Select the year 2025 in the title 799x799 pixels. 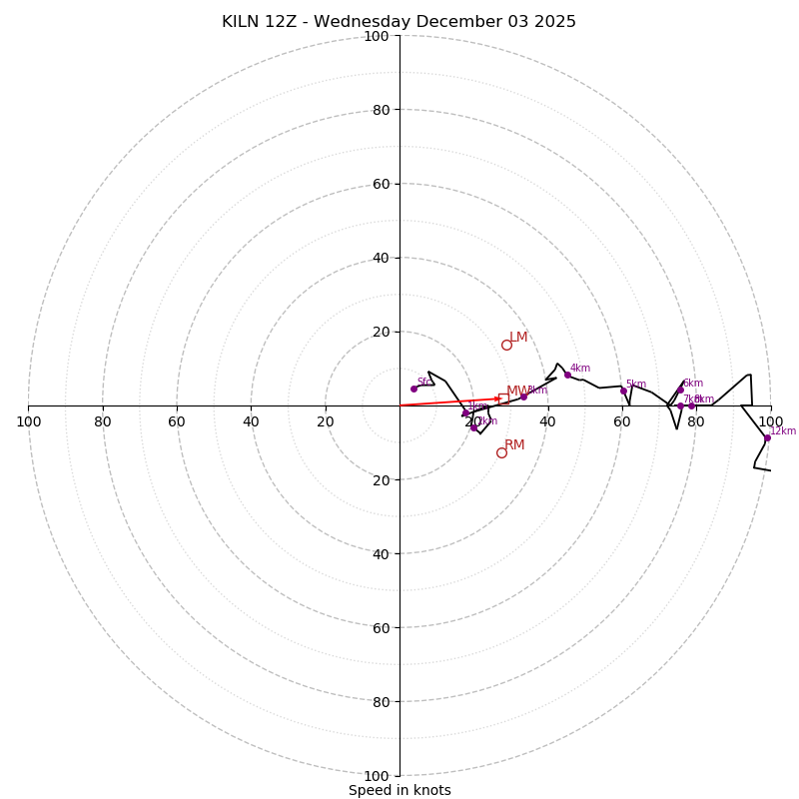555,22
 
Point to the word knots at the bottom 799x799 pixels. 431,790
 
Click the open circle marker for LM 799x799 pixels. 506,345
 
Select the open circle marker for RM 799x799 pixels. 501,452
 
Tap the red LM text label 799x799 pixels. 518,338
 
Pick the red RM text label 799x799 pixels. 514,445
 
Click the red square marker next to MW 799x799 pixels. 503,398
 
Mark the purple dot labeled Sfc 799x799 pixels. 413,389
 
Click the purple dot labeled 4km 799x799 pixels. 567,375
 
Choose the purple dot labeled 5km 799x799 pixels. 623,391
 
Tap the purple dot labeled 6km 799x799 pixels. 680,390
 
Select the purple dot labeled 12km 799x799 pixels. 767,437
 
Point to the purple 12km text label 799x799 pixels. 783,431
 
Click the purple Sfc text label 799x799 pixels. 423,382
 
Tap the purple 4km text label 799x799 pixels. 580,369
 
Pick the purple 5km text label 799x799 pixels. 636,385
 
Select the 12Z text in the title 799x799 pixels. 283,22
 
